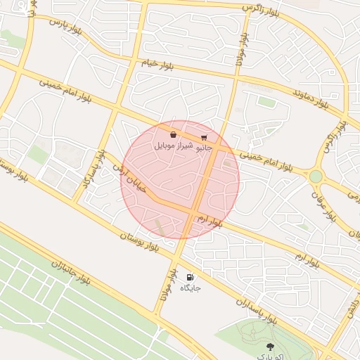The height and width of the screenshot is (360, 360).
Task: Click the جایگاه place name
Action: point(191,288)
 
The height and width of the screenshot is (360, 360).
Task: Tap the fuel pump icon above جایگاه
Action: point(190,277)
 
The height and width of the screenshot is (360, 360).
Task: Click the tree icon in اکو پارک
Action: point(271,346)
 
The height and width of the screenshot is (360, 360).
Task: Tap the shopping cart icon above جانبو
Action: point(204,138)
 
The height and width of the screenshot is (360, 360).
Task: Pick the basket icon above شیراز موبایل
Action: point(173,134)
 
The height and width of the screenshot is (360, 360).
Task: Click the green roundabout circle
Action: point(316,176)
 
